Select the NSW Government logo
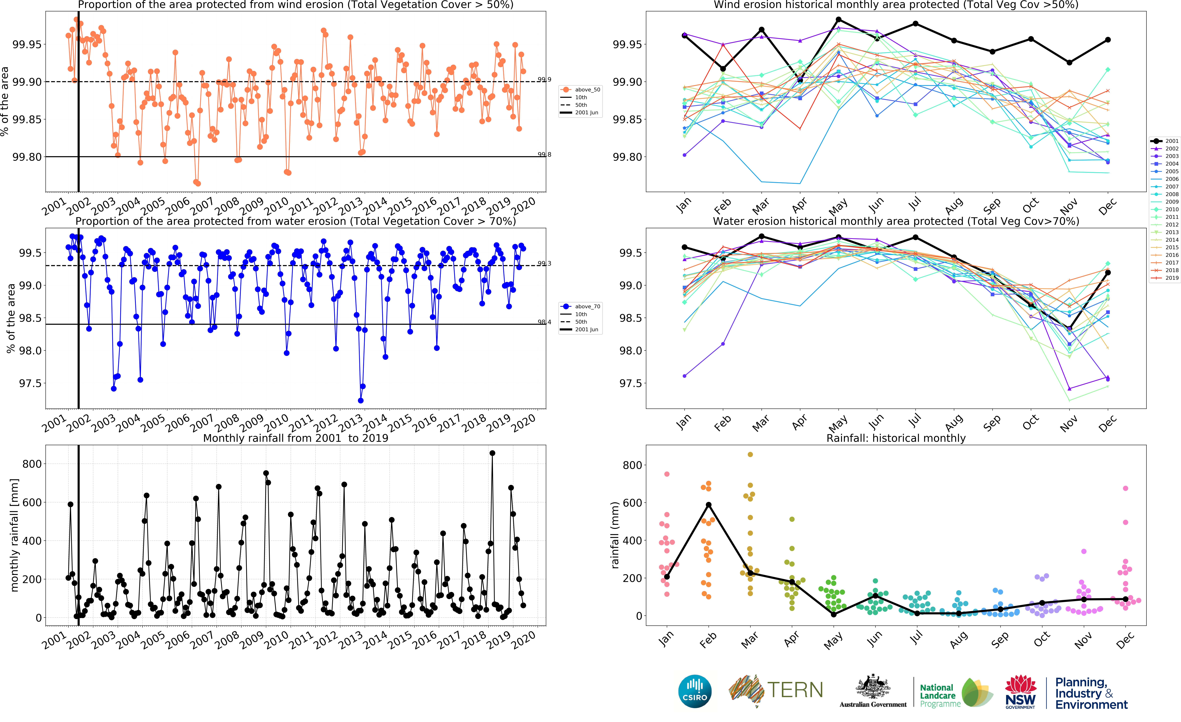[x=1020, y=692]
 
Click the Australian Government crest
[x=873, y=687]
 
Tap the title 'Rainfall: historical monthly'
[x=896, y=438]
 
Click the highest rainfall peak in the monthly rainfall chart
[x=492, y=453]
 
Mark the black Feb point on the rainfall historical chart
[x=708, y=505]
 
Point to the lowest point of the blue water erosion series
[x=360, y=401]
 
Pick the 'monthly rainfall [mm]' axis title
[x=14, y=535]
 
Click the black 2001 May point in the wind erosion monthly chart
[x=838, y=20]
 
